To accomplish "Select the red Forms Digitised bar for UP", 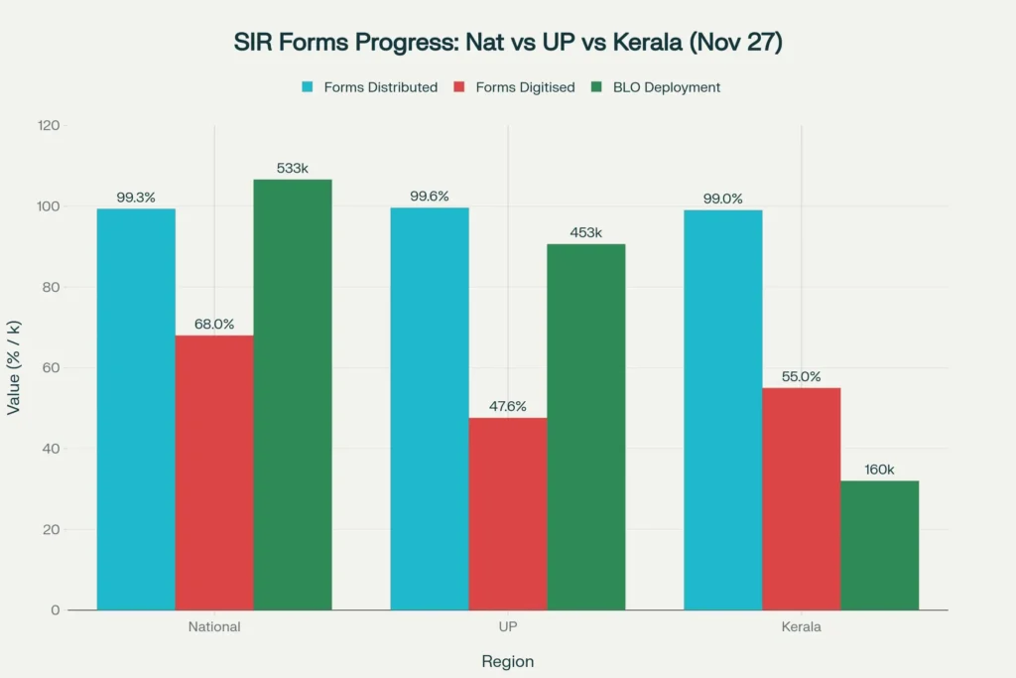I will (508, 513).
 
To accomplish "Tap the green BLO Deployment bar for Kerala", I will (879, 545).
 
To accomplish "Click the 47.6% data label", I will (508, 406).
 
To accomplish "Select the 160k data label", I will (879, 470).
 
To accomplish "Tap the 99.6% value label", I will (430, 197).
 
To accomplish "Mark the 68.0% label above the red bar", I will (214, 324).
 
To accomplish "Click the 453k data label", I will (585, 232).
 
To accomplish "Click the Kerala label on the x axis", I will (802, 627).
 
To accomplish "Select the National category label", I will (214, 627).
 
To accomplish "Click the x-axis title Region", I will (508, 661).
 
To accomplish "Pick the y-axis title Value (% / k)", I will (14, 367).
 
